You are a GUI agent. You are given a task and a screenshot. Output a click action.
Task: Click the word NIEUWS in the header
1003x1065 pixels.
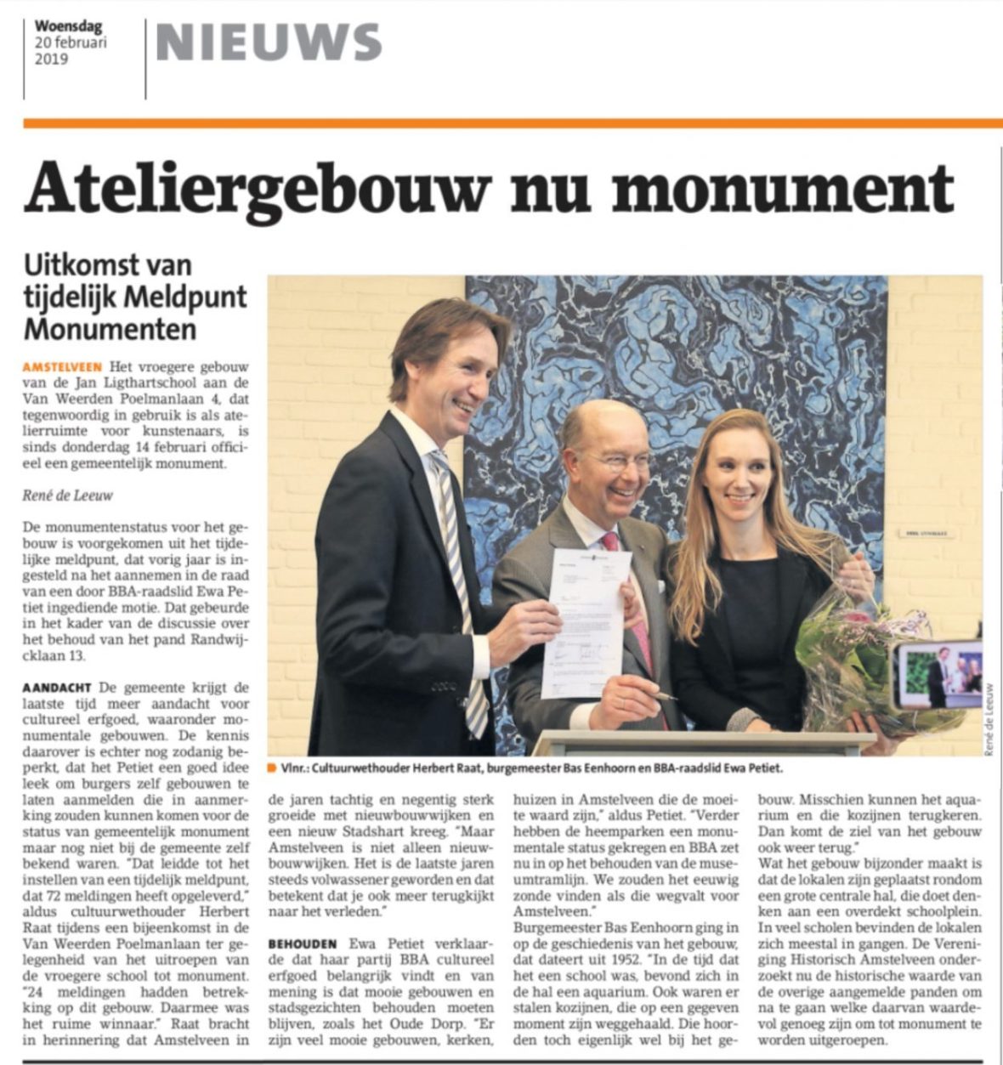269,42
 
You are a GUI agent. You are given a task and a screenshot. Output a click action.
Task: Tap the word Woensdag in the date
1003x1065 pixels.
68,26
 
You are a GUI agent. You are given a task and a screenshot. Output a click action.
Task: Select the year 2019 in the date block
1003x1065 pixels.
51,59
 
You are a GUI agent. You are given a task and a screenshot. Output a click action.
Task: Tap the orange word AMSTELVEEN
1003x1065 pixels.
63,366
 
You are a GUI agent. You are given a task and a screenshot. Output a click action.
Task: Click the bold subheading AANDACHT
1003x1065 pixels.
58,687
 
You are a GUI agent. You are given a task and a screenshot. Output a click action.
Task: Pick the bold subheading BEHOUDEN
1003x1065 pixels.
303,943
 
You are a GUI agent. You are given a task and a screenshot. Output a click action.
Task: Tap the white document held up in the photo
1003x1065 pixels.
586,620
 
